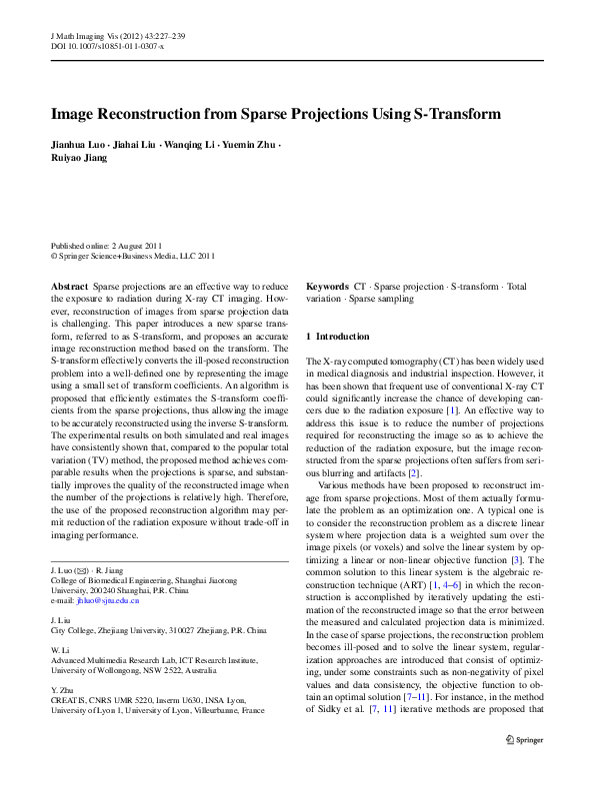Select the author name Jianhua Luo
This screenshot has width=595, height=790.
[78, 145]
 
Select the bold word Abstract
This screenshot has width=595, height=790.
[67, 287]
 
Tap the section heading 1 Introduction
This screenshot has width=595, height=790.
[338, 336]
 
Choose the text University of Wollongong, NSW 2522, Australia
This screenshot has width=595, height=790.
[132, 671]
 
